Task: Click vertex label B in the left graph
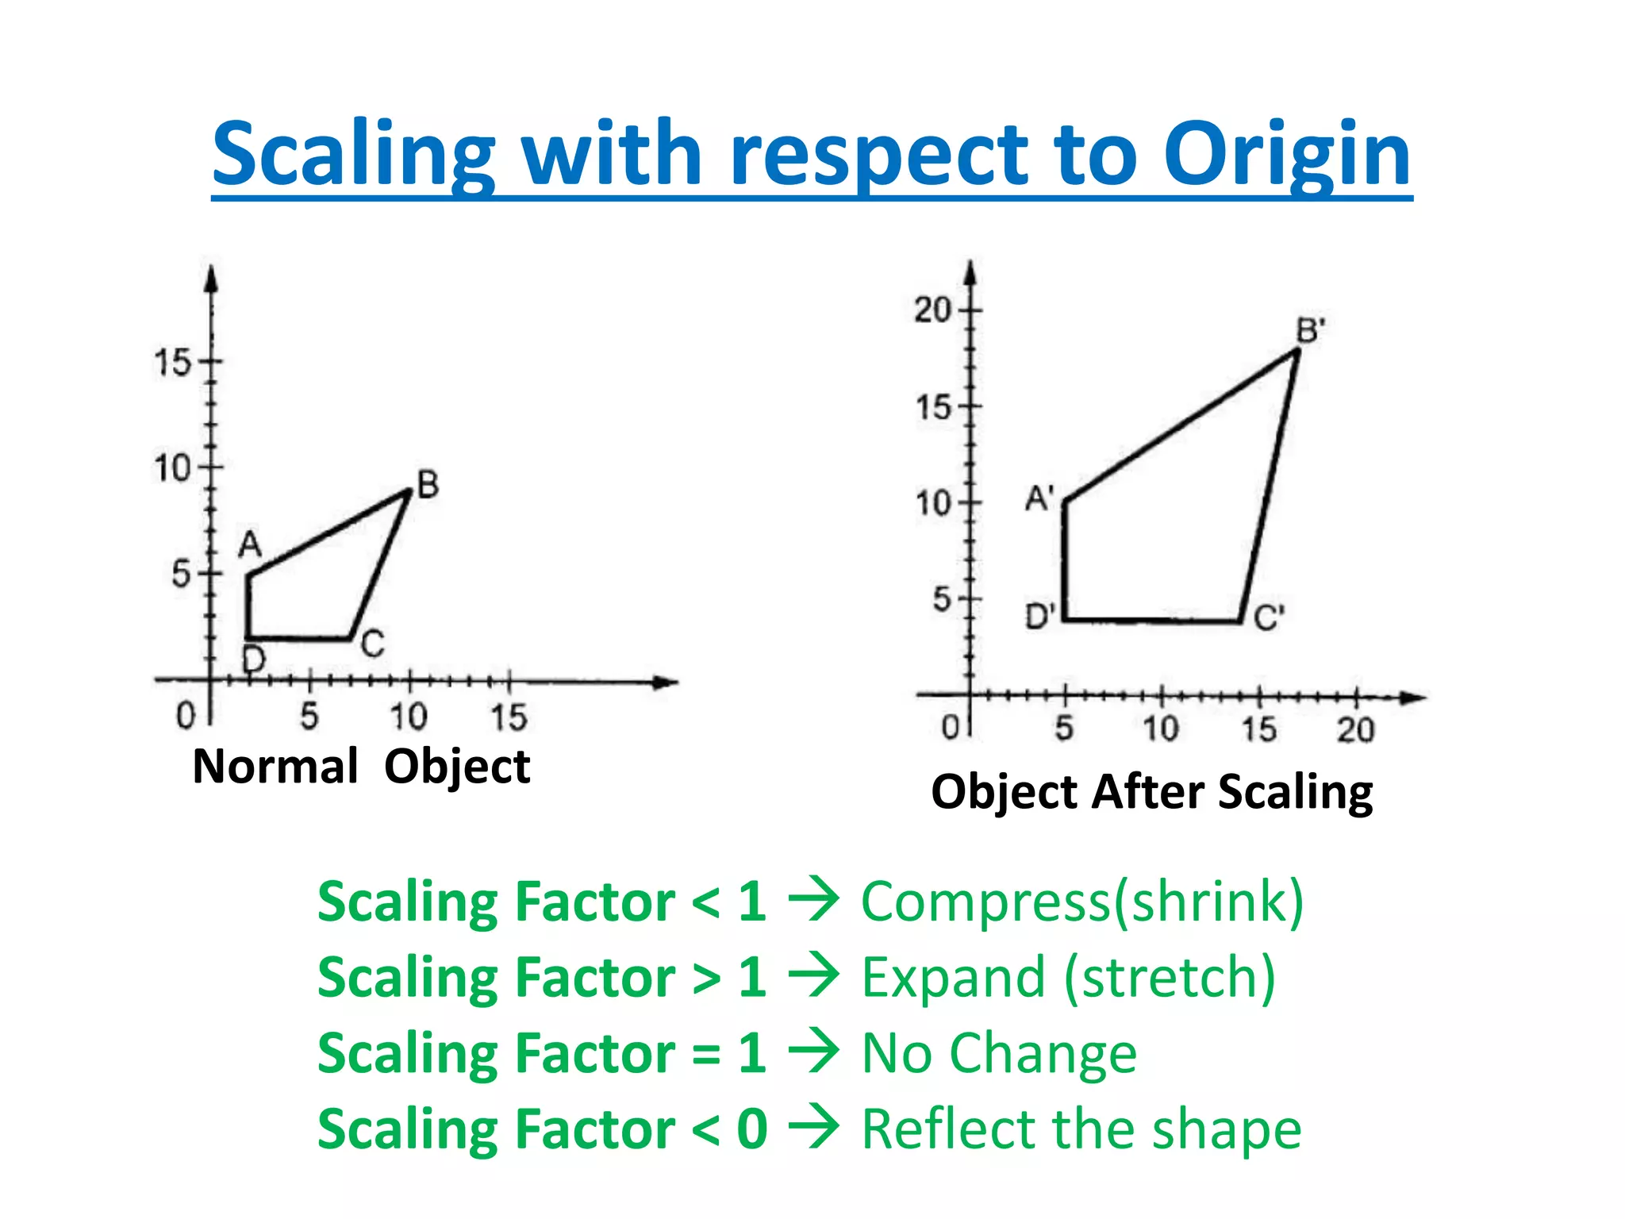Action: point(428,484)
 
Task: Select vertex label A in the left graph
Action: point(250,545)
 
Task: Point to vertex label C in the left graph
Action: point(372,643)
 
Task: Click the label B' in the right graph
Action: point(1310,330)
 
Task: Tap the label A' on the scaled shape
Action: point(1039,498)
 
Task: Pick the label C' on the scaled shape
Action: point(1269,617)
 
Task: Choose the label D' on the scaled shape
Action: point(1040,616)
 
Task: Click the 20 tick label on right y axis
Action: point(932,310)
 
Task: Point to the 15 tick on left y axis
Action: point(173,363)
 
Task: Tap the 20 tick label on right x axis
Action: point(1355,729)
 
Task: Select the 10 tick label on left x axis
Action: point(408,717)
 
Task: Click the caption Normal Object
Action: point(361,767)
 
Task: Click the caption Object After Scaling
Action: point(1151,792)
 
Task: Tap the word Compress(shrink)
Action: point(1082,902)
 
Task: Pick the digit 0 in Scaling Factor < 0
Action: point(751,1129)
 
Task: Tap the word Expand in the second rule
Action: point(953,978)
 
